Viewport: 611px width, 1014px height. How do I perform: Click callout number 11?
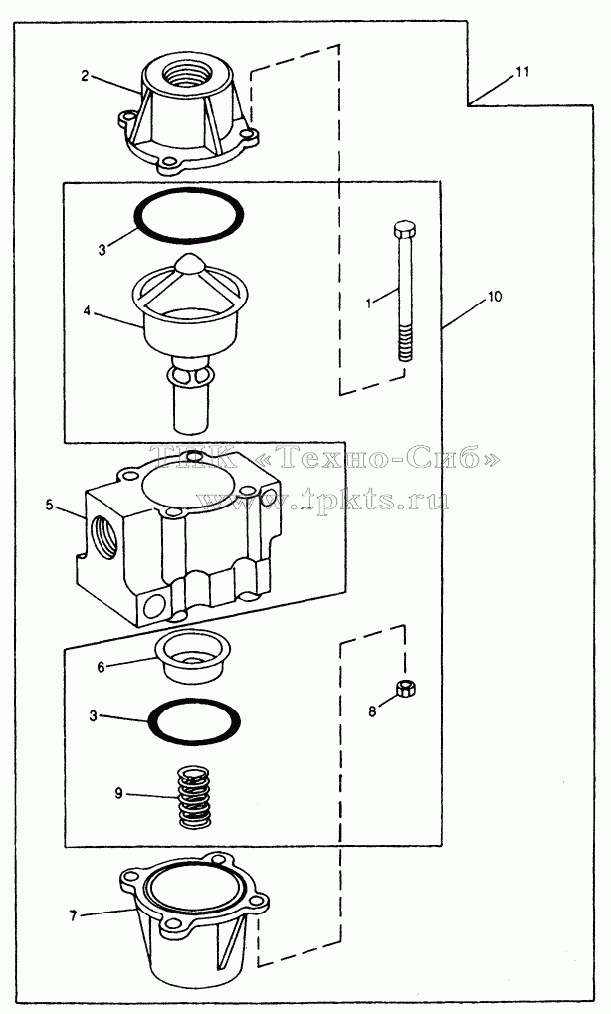point(521,72)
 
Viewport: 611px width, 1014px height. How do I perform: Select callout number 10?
point(494,297)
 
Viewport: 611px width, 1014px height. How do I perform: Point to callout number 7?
point(73,916)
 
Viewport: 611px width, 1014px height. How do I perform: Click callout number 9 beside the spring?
point(119,793)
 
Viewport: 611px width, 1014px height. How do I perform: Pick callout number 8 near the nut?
point(372,712)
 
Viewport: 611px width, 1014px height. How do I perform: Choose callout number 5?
point(49,506)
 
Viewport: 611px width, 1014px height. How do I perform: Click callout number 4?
point(87,311)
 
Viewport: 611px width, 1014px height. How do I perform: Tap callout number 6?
point(102,666)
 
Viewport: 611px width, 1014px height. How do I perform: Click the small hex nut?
point(405,688)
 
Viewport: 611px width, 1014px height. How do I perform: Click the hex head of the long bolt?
point(405,229)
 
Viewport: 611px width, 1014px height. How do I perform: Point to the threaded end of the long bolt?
point(405,343)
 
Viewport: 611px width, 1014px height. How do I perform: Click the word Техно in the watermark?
point(332,458)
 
